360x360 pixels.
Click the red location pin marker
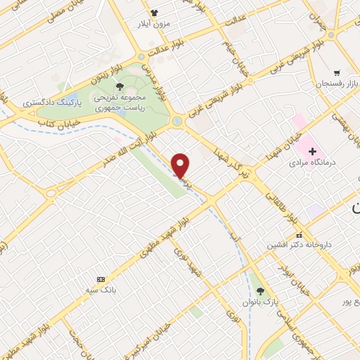[181, 164]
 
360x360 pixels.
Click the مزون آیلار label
[154, 23]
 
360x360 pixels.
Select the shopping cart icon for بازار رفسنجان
[337, 72]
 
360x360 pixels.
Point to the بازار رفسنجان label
[335, 84]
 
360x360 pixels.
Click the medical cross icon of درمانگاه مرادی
[312, 151]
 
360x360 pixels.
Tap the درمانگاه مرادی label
[313, 162]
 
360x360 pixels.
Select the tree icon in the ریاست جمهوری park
[121, 87]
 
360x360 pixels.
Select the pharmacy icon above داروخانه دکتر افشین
[299, 236]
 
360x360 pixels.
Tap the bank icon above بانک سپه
[100, 279]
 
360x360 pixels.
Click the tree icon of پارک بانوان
[260, 291]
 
